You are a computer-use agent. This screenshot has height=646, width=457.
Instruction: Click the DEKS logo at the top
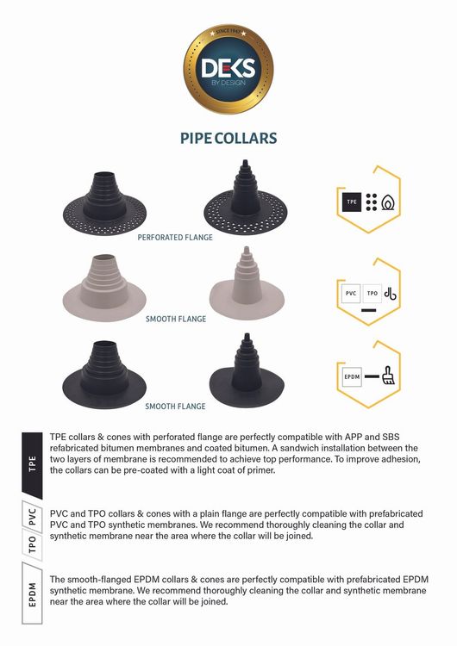click(x=228, y=69)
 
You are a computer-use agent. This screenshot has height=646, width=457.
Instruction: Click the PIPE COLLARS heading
click(x=228, y=139)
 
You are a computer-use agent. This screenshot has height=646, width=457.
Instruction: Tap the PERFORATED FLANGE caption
click(x=175, y=238)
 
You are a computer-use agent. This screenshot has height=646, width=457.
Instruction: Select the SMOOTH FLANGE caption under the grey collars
click(x=176, y=319)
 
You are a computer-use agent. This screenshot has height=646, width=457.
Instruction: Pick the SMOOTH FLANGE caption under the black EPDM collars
click(x=175, y=407)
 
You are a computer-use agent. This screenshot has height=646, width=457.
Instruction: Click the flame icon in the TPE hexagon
click(x=388, y=202)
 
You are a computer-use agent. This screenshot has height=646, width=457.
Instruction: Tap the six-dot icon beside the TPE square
click(x=372, y=202)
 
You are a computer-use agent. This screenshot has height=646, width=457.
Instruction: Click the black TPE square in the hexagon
click(x=352, y=202)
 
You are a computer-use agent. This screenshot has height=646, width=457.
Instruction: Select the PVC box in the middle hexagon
click(x=351, y=294)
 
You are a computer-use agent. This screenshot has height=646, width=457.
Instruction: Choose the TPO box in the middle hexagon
click(x=372, y=294)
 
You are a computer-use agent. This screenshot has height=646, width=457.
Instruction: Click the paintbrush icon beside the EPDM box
click(x=388, y=376)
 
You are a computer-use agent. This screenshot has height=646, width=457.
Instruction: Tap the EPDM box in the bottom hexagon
click(x=352, y=376)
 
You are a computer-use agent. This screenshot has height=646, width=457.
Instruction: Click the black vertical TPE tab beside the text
click(x=32, y=465)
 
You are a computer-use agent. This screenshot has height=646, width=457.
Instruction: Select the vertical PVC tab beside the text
click(x=32, y=517)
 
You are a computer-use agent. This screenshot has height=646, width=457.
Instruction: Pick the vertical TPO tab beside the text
click(x=32, y=544)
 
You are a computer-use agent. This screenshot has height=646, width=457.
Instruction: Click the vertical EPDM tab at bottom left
click(x=32, y=594)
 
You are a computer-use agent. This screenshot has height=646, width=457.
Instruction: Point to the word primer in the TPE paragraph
click(x=260, y=470)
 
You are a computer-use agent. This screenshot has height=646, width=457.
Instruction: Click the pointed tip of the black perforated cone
click(x=245, y=160)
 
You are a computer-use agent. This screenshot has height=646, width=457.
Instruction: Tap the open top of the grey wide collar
click(x=104, y=258)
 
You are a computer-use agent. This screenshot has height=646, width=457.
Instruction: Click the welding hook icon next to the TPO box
click(x=391, y=294)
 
